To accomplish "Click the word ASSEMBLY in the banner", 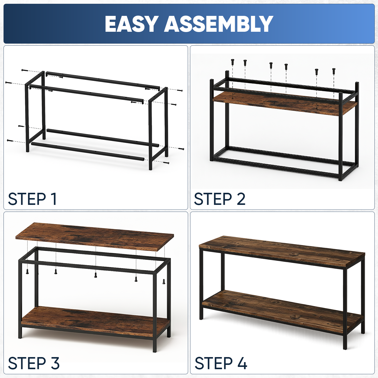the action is [x=219, y=24].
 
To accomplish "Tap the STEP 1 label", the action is [x=32, y=199].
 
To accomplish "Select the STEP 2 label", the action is [x=219, y=199].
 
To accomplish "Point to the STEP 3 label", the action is [x=34, y=363].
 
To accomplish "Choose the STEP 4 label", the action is [x=221, y=363].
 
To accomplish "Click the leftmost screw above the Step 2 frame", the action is [x=232, y=62].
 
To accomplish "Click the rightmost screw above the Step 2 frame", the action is [x=334, y=71].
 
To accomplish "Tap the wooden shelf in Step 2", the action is [x=285, y=103].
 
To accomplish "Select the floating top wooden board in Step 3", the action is [x=95, y=236].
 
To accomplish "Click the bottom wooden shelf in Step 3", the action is [x=95, y=322].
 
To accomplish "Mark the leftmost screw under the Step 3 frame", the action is [x=27, y=271].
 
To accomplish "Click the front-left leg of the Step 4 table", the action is [x=201, y=284].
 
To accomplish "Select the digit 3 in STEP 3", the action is [x=55, y=363].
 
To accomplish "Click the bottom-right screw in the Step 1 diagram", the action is [x=166, y=163].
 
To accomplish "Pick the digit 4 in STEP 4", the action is [x=242, y=363].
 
